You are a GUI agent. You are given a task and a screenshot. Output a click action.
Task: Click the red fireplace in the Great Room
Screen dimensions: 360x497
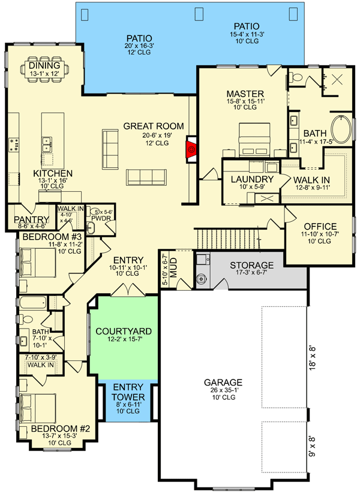pos(191,149)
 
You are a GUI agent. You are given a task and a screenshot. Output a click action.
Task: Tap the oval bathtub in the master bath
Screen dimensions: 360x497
pos(341,129)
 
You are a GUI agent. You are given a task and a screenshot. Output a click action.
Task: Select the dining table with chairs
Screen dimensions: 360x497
pos(44,70)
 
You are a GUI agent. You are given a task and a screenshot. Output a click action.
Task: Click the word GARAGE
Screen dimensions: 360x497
pos(223,382)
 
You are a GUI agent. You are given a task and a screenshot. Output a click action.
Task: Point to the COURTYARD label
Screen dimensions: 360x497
pos(124,331)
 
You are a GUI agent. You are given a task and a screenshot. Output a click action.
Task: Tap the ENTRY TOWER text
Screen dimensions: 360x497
pos(128,392)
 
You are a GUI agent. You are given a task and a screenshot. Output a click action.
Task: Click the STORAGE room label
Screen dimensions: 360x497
pos(251,265)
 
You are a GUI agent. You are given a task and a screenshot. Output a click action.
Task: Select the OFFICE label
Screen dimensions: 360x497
pos(320,226)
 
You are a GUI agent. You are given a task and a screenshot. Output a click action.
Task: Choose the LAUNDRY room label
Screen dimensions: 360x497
pos(252,179)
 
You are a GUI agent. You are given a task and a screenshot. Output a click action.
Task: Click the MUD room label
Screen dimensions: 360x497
pos(173,268)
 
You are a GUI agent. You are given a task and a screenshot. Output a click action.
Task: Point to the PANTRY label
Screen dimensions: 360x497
pos(31,219)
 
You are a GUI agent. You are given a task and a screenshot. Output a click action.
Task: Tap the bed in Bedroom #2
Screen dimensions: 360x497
pos(38,408)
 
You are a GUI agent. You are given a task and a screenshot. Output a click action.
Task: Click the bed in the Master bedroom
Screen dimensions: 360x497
pos(254,140)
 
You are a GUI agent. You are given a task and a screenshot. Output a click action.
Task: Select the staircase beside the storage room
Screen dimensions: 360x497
pos(227,238)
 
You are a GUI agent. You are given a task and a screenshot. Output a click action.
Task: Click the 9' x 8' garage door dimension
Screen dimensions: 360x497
pos(312,447)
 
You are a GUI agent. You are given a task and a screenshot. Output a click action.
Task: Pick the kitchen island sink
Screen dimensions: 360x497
pos(47,144)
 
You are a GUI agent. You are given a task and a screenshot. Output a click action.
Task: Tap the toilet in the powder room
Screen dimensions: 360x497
pos(94,212)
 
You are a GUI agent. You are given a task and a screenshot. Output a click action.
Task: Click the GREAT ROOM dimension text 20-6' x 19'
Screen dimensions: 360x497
pos(157,135)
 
